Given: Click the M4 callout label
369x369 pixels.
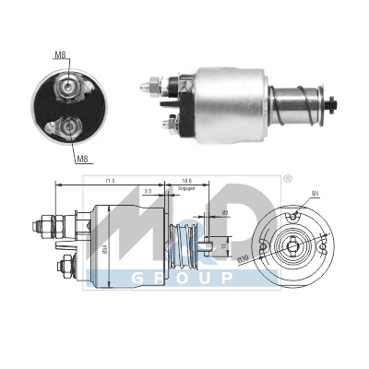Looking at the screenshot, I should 315,193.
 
